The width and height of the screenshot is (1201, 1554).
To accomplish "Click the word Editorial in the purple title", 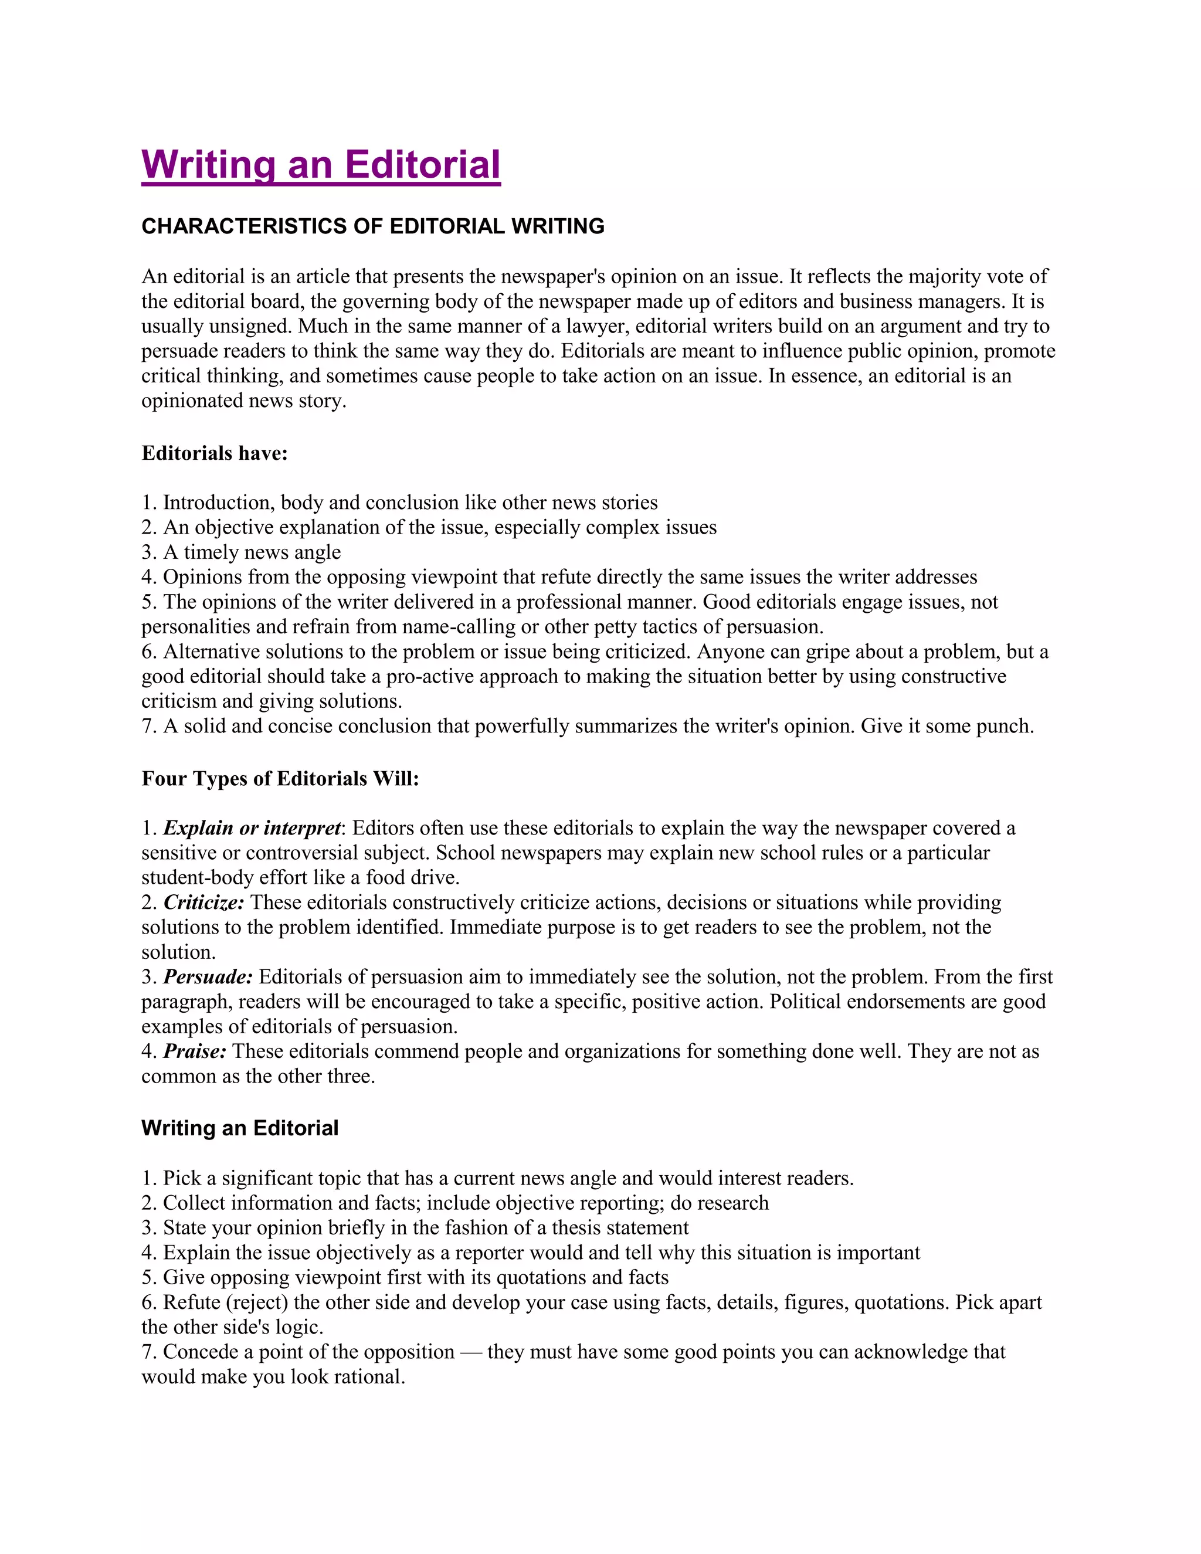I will (x=423, y=165).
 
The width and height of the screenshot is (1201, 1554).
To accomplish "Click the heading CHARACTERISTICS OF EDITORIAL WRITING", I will (x=373, y=226).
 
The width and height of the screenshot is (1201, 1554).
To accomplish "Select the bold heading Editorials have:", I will (x=214, y=453).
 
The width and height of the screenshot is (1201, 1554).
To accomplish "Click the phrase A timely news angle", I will (x=252, y=552).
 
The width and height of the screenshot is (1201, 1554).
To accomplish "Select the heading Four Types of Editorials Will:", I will (x=280, y=778).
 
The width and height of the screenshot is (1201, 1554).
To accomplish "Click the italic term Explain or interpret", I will (x=252, y=828).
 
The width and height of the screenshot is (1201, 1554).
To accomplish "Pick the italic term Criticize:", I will (x=203, y=902).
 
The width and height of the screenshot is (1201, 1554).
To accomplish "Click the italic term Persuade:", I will (x=208, y=977).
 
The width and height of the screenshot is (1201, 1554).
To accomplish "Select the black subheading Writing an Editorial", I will (x=240, y=1128).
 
